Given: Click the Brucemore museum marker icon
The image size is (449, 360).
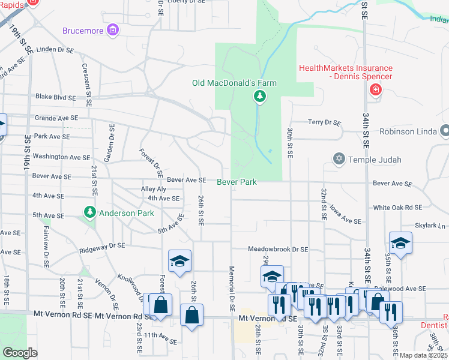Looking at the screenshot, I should click(x=112, y=30).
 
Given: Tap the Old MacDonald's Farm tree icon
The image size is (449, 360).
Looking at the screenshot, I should click(x=259, y=95).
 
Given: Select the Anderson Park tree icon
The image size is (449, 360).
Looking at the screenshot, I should click(x=90, y=212).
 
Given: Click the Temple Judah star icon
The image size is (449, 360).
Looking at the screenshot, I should click(x=339, y=159).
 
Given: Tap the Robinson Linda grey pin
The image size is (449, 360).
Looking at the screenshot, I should click(x=444, y=130).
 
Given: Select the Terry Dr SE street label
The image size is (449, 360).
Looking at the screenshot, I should click(x=324, y=122).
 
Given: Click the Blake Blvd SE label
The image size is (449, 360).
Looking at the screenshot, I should click(x=56, y=97).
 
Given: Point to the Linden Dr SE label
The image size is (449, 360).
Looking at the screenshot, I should click(x=55, y=50).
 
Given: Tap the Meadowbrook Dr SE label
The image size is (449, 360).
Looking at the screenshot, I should click(x=279, y=249).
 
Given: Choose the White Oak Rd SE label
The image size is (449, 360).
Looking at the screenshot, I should click(x=397, y=208).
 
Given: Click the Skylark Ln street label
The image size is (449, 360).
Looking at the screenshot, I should click(x=430, y=226).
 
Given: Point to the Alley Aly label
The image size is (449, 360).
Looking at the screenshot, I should click(x=153, y=188).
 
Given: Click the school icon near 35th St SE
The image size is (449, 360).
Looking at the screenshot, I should click(x=400, y=242).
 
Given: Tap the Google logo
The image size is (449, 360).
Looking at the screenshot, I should click(x=20, y=353).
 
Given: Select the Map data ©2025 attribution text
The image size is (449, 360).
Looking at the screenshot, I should click(x=423, y=355).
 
